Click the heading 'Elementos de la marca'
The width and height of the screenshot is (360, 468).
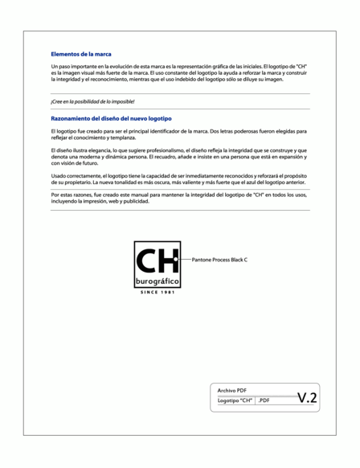pyautogui.click(x=80, y=54)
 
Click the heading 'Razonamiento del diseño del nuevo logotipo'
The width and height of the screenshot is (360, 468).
pyautogui.click(x=110, y=118)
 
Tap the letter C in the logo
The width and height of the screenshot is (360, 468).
pyautogui.click(x=147, y=261)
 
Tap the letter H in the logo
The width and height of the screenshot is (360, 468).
pyautogui.click(x=167, y=261)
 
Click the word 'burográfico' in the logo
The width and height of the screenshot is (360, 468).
pyautogui.click(x=157, y=282)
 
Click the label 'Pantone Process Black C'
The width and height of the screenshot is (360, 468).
pyautogui.click(x=220, y=261)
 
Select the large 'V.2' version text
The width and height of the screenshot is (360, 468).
pyautogui.click(x=306, y=396)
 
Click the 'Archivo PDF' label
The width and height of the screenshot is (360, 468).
pyautogui.click(x=232, y=390)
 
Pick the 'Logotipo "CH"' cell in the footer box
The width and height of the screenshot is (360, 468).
pyautogui.click(x=235, y=400)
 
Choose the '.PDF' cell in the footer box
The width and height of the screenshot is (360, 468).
pyautogui.click(x=264, y=400)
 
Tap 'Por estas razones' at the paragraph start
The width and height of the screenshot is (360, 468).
pyautogui.click(x=70, y=195)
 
